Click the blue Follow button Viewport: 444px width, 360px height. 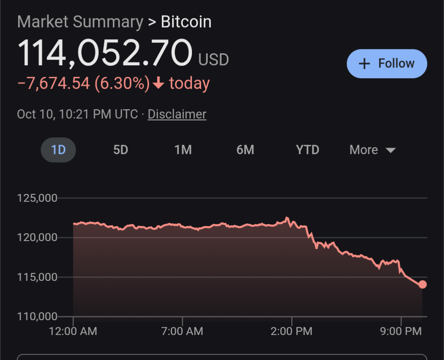[387, 64]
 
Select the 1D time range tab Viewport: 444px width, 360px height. [58, 150]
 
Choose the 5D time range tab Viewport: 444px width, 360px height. [121, 150]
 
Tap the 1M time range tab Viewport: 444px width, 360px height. [183, 150]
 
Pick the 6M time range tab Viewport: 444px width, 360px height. [245, 150]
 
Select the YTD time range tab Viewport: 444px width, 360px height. [308, 150]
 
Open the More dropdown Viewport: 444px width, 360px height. [372, 150]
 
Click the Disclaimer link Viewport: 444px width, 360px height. [177, 114]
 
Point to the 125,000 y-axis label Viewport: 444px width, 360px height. [37, 198]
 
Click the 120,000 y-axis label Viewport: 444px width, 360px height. [37, 237]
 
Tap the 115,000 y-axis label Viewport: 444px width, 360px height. [37, 277]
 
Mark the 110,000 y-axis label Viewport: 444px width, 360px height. [37, 317]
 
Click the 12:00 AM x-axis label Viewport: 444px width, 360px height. [73, 331]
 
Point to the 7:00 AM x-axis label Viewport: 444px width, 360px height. [182, 331]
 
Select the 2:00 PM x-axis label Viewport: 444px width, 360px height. [291, 331]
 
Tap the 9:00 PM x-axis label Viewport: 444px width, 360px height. [401, 331]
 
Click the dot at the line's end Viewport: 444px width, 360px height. [422, 285]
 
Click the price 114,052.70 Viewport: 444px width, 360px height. [105, 53]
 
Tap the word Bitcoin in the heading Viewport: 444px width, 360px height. [186, 22]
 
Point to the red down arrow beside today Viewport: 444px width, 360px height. [159, 83]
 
